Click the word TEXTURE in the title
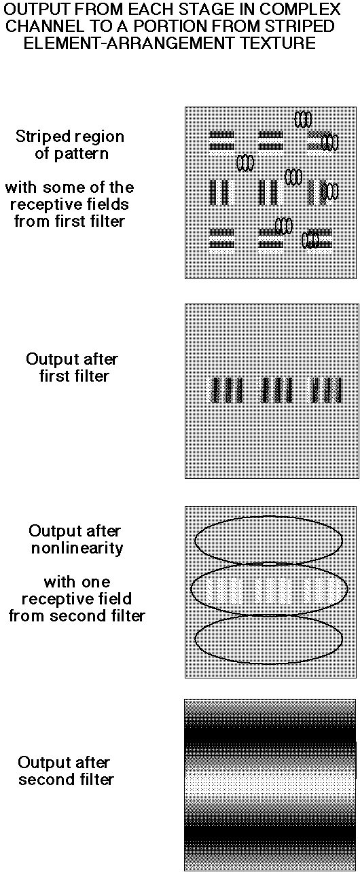click(x=276, y=43)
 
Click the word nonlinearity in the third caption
click(x=77, y=548)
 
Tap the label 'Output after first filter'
click(x=73, y=367)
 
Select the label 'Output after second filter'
click(x=65, y=771)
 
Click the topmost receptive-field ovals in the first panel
click(x=303, y=119)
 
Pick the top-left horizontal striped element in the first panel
click(x=222, y=141)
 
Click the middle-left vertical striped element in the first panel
click(x=219, y=192)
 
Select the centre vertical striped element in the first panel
click(x=268, y=192)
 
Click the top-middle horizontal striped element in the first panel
click(x=271, y=141)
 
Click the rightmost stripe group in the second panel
click(x=326, y=390)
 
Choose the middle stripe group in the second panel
click(x=276, y=390)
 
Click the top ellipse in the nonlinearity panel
click(x=268, y=517)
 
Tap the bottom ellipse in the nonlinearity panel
click(x=268, y=663)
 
